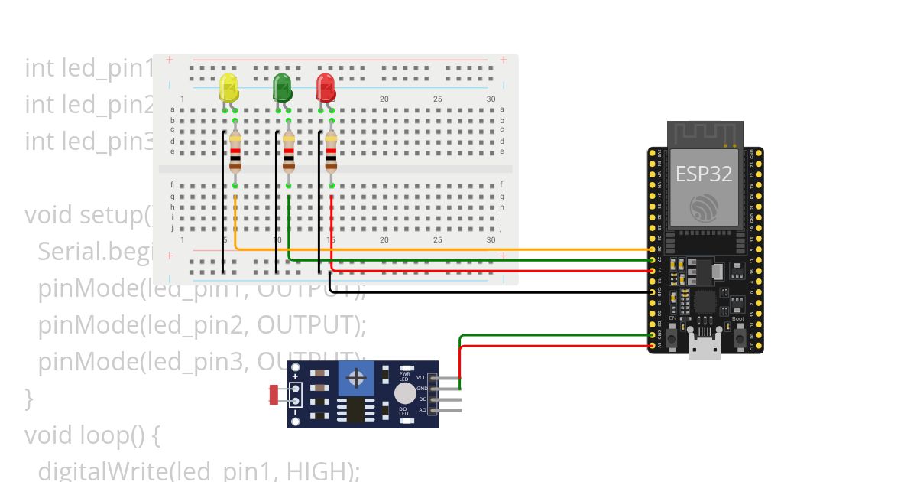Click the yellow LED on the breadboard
coord(228,87)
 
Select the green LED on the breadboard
coord(282,87)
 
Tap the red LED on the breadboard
coord(326,87)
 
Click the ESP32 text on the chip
coord(703,174)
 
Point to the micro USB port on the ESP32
coord(704,346)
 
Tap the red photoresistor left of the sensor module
coord(274,395)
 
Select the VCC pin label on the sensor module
coord(421,378)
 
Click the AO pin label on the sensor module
coord(422,410)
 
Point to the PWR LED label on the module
coord(404,376)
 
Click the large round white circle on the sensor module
coord(406,393)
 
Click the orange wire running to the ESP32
coord(458,249)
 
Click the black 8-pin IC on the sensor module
coord(355,409)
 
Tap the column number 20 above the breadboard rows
coord(384,99)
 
